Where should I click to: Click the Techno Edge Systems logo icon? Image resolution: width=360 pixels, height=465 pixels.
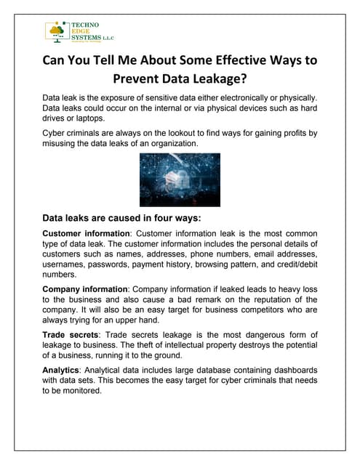[56, 32]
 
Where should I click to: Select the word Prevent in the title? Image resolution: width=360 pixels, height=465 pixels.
[141, 80]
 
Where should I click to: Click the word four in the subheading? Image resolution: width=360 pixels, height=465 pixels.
[161, 217]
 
